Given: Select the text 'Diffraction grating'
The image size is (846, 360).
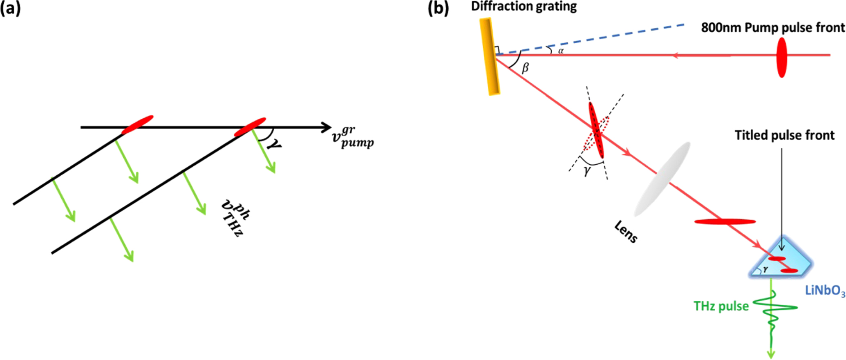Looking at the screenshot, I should (x=524, y=7).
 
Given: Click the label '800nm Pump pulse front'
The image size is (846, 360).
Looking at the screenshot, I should (x=772, y=28).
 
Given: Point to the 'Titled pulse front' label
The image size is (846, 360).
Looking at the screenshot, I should (x=784, y=135).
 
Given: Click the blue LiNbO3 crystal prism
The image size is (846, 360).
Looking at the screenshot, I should (x=781, y=262).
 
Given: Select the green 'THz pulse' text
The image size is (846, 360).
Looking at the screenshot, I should (x=721, y=306).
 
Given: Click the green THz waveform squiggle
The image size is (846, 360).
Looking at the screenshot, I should (x=772, y=311).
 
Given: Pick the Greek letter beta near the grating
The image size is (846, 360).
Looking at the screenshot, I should (x=526, y=68).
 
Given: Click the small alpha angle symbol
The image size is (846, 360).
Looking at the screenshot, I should (x=561, y=51).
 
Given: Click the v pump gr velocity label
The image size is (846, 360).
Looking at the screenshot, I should (x=352, y=137).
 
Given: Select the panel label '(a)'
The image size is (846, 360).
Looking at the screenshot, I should (x=10, y=8).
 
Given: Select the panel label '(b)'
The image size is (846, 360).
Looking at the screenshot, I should (x=438, y=8).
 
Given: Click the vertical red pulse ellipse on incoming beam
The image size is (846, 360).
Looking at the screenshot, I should (x=781, y=57).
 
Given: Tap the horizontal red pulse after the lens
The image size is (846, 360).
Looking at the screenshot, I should (x=725, y=222).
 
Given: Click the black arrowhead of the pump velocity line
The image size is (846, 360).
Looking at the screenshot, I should (x=326, y=127).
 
